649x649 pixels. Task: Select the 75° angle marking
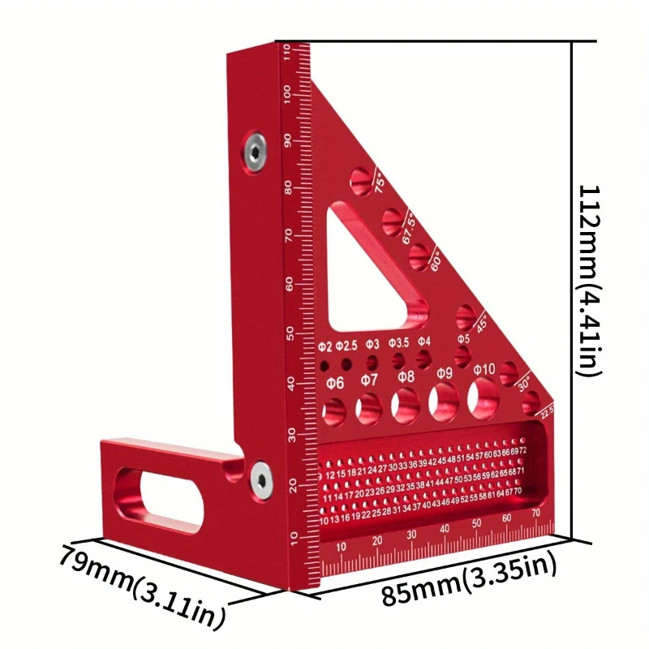[x=380, y=182]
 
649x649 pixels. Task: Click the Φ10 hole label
[x=484, y=371]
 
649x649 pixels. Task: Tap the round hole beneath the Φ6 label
[x=334, y=410]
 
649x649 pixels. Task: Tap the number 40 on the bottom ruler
[x=445, y=529]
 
